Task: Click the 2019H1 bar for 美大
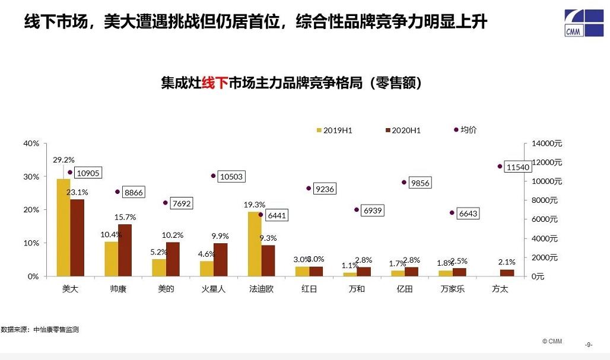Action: (x=63, y=227)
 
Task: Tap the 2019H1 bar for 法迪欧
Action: (x=255, y=244)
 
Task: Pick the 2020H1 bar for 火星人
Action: (x=220, y=260)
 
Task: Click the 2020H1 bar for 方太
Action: (x=507, y=273)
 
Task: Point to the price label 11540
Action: (x=517, y=168)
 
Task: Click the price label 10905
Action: (x=87, y=173)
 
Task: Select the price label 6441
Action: (x=277, y=216)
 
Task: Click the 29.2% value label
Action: (x=63, y=160)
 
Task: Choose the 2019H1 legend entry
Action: (x=335, y=130)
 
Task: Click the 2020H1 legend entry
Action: (x=403, y=130)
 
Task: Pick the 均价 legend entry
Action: (x=465, y=129)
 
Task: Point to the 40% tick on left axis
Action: (x=31, y=144)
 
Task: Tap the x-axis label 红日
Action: (x=309, y=289)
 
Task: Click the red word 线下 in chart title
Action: (x=215, y=82)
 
